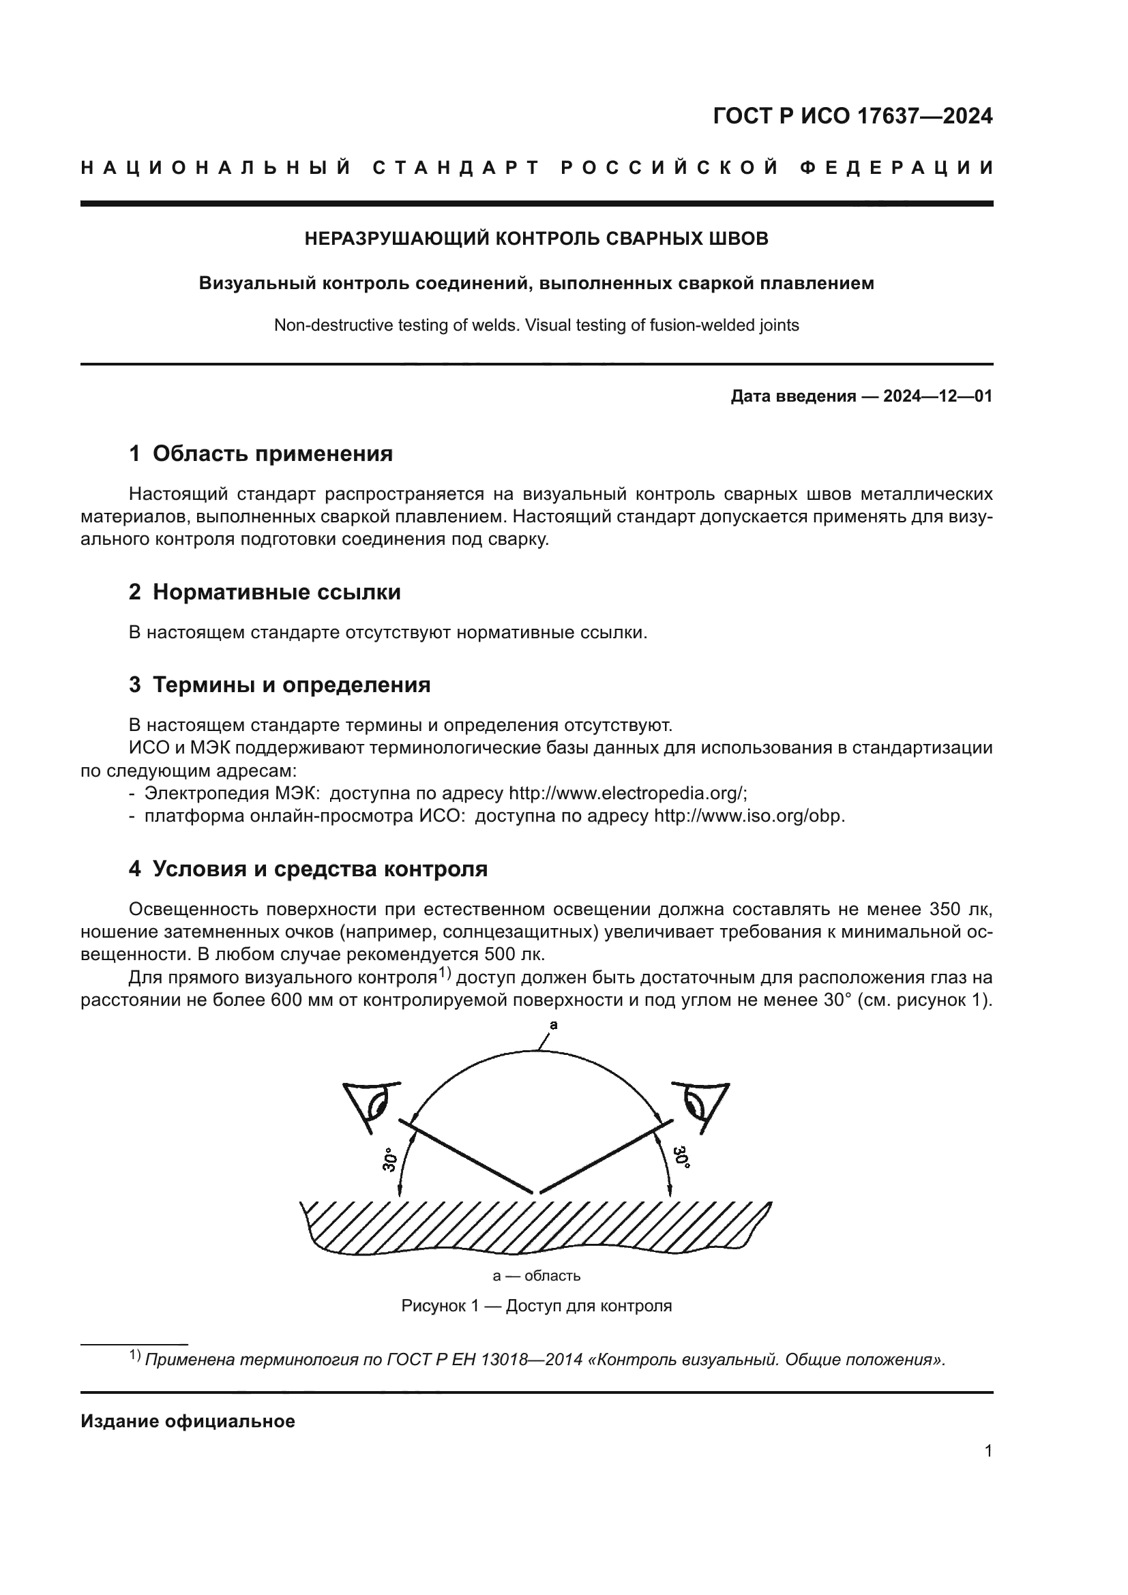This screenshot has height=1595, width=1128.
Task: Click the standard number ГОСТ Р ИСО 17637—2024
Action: point(852,116)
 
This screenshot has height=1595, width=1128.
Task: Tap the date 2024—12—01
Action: point(937,397)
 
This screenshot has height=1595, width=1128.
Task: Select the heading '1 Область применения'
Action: point(261,453)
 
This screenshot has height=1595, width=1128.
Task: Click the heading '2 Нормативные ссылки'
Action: point(265,592)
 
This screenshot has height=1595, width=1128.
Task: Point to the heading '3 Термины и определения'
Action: point(279,685)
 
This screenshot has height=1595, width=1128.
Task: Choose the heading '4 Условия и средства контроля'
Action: point(308,869)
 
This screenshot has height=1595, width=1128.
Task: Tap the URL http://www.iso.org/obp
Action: point(749,816)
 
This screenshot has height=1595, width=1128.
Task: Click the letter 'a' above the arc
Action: point(554,1025)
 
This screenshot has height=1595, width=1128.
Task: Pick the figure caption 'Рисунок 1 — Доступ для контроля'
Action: point(536,1305)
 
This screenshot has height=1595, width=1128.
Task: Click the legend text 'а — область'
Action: point(536,1275)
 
